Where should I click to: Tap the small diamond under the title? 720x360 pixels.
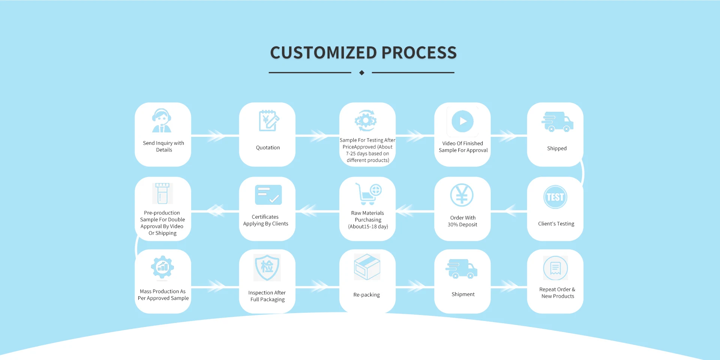pos(361,73)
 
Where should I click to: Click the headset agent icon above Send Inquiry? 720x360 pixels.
pos(162,121)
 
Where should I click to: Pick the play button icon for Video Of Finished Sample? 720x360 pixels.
pos(462,121)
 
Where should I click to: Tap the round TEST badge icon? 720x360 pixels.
pos(555,197)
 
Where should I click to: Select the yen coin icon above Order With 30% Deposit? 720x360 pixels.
pos(462,195)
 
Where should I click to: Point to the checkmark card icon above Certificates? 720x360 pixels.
pos(268,195)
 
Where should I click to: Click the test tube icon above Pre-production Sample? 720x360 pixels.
pos(162,193)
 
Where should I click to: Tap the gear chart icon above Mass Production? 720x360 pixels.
pos(162,267)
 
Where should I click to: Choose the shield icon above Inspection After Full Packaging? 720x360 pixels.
pos(267,267)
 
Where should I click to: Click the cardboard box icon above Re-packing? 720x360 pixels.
pos(367,267)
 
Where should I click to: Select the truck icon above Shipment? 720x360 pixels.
pos(461,269)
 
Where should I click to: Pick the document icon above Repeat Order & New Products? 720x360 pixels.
pos(555,268)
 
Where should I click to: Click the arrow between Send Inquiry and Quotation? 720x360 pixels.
pos(216,135)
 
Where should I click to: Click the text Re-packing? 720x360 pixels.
pos(366,295)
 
